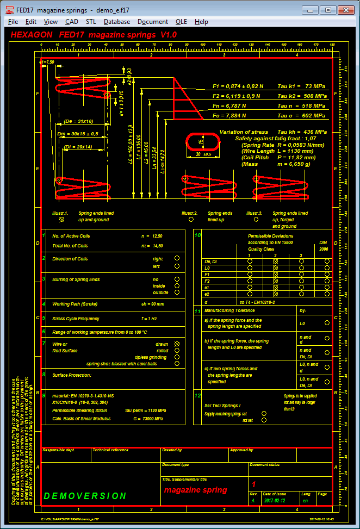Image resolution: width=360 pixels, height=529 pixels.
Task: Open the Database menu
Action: point(117,22)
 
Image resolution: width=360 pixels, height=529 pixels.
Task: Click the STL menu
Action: point(91,22)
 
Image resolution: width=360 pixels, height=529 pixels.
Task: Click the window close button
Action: point(346,9)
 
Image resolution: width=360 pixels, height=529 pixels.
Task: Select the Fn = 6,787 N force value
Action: point(229,106)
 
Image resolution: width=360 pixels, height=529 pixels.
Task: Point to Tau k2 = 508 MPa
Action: point(302,96)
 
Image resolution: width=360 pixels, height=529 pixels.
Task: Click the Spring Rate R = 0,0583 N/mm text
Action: point(283,145)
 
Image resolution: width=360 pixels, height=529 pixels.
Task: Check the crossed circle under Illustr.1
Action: point(62,220)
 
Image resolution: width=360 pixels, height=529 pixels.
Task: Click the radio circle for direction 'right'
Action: point(177,259)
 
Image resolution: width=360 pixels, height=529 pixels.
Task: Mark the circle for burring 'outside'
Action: point(177,292)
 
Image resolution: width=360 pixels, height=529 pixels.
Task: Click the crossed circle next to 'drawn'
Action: point(177,344)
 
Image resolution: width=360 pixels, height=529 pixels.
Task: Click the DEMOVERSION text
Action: point(85,496)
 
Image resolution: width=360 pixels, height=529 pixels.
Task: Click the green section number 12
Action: point(198,395)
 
